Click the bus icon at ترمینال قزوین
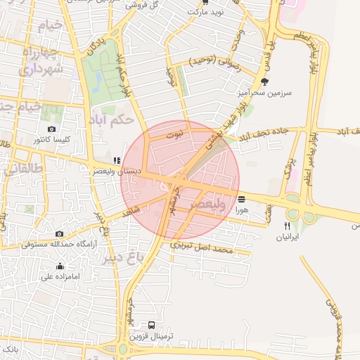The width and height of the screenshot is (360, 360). [152, 326]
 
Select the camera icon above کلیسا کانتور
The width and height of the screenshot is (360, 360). [51, 129]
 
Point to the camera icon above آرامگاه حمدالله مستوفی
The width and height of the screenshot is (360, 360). [59, 233]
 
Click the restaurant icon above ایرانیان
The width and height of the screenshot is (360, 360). [287, 226]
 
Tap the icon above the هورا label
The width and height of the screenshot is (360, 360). [242, 199]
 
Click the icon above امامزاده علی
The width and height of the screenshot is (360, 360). [60, 266]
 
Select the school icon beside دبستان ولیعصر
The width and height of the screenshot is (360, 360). [117, 160]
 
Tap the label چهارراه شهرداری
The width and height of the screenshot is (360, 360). [42, 61]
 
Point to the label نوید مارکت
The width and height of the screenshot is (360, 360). [205, 12]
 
